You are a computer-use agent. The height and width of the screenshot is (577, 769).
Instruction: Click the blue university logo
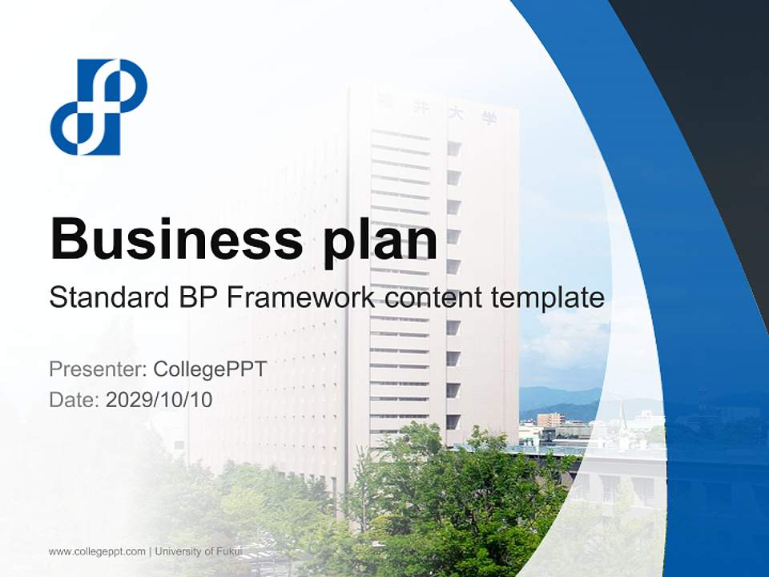tap(99, 107)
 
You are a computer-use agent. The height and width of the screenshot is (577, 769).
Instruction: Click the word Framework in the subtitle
tap(300, 298)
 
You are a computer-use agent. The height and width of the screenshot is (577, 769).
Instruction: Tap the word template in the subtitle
tap(549, 298)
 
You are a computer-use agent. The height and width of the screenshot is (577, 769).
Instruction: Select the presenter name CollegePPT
tap(210, 369)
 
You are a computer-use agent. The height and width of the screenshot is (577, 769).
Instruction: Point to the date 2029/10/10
tap(159, 399)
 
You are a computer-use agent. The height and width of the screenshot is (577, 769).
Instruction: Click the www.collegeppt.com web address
tap(97, 551)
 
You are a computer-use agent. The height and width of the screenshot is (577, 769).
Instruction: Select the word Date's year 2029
tap(127, 399)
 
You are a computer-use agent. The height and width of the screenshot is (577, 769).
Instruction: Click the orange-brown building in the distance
tap(550, 420)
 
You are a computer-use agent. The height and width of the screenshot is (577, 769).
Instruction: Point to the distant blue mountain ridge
tap(561, 396)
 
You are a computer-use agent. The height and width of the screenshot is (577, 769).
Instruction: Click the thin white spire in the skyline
tap(622, 412)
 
